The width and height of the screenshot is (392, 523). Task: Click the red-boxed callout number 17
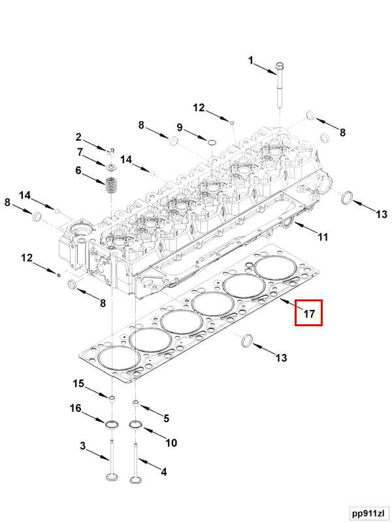tap(309, 314)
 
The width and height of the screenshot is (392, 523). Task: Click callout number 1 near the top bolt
tap(250, 61)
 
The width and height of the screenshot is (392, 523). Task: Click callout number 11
tap(323, 237)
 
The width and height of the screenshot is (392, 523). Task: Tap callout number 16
tap(75, 409)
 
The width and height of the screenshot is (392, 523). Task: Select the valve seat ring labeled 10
tap(137, 426)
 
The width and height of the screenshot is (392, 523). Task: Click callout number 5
tap(166, 418)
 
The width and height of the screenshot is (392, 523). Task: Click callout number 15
tap(78, 384)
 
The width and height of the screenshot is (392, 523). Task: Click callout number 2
tap(78, 137)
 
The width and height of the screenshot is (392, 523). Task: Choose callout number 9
tap(180, 127)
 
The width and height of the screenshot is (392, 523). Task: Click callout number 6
tap(78, 171)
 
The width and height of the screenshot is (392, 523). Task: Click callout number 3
tap(83, 447)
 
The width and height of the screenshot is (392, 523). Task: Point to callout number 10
tap(171, 443)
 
